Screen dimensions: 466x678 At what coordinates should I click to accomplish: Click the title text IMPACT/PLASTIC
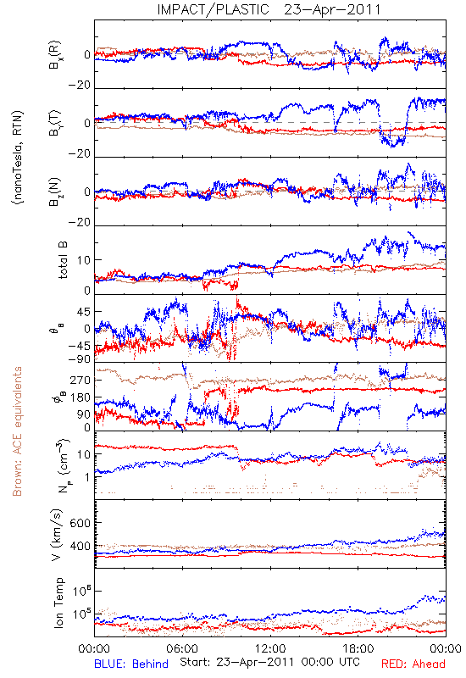[x=214, y=9]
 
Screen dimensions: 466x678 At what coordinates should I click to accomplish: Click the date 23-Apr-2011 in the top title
[x=332, y=9]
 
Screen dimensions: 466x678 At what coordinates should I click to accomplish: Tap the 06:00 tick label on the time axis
[x=182, y=648]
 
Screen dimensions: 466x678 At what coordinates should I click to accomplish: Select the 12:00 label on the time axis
[x=270, y=648]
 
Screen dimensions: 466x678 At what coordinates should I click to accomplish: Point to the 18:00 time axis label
[x=358, y=648]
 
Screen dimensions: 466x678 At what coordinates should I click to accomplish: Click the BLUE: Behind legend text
[x=131, y=664]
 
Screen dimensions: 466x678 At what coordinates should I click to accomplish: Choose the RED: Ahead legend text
[x=413, y=664]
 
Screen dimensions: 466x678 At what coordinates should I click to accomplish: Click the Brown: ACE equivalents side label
[x=17, y=431]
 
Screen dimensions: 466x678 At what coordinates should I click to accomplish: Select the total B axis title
[x=62, y=260]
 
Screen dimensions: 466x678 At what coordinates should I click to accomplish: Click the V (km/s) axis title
[x=57, y=535]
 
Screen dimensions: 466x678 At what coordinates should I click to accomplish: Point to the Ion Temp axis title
[x=59, y=603]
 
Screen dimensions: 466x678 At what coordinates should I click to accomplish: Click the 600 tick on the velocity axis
[x=80, y=523]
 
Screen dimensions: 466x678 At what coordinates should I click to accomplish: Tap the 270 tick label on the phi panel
[x=80, y=380]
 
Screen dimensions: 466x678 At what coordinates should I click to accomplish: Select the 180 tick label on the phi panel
[x=80, y=397]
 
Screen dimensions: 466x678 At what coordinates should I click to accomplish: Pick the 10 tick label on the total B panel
[x=84, y=260]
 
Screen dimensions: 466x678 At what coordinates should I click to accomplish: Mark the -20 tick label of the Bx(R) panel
[x=79, y=86]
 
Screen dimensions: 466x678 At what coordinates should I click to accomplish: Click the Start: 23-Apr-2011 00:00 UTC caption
[x=269, y=662]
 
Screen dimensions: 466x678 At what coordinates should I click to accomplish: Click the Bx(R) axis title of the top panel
[x=55, y=55]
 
